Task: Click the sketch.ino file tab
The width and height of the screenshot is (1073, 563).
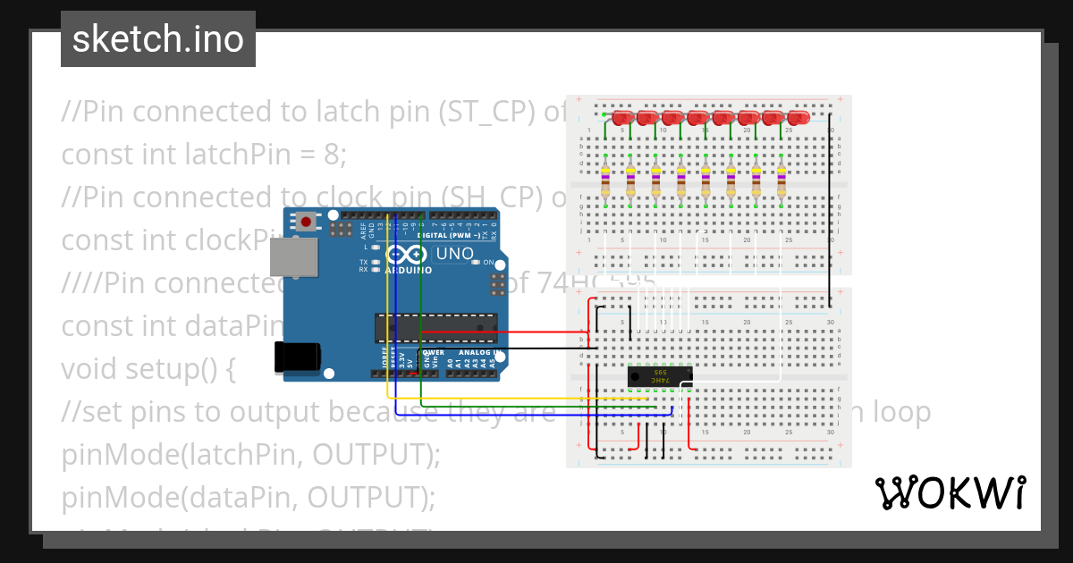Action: tap(158, 39)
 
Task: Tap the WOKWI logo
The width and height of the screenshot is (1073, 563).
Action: tap(950, 492)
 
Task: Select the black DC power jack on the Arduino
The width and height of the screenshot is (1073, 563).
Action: tap(300, 356)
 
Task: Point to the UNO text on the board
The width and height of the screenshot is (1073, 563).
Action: tap(454, 254)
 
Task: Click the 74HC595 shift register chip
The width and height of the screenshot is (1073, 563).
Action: tap(659, 376)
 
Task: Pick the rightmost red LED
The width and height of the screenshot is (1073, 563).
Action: tap(798, 118)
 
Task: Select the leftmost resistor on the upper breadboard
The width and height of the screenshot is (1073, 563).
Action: tap(606, 180)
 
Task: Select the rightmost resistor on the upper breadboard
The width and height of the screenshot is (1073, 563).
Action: tap(782, 180)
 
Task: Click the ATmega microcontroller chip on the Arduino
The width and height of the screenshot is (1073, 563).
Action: tap(435, 328)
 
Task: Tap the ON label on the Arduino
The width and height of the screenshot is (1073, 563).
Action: tap(488, 263)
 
